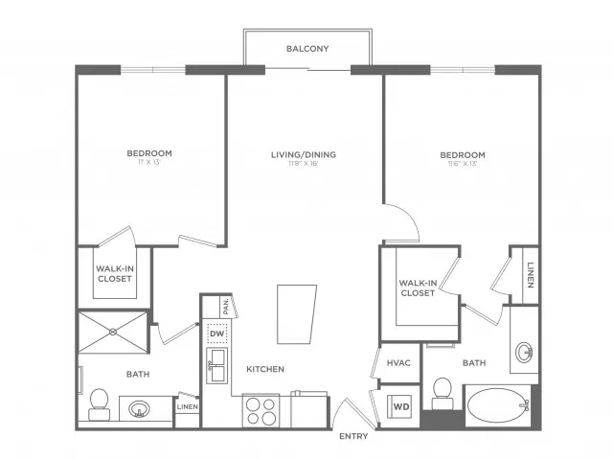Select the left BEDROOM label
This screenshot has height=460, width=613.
tap(149, 153)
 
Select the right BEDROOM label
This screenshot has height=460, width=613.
tap(462, 154)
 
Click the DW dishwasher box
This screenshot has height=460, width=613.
tap(217, 333)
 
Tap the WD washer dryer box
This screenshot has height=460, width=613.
tap(400, 406)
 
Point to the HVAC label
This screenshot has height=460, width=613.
tap(398, 363)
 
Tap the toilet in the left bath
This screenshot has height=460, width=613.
tap(98, 404)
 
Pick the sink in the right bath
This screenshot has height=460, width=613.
tap(525, 353)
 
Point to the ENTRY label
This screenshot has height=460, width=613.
tap(353, 437)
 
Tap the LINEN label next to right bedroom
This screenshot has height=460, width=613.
tap(530, 275)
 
